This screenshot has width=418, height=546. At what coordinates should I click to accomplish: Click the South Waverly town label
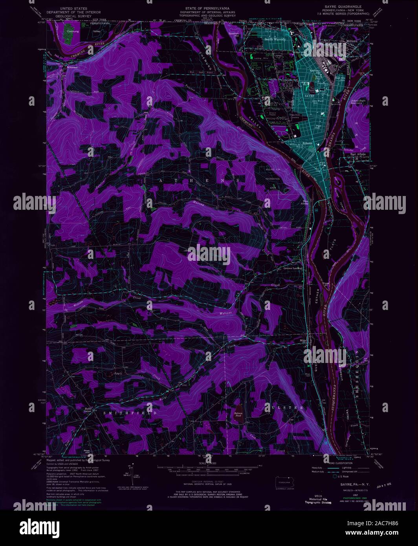click(x=275, y=39)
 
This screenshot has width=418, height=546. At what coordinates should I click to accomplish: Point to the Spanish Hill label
click(x=234, y=35)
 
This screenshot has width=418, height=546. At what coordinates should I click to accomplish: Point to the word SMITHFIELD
click(x=130, y=413)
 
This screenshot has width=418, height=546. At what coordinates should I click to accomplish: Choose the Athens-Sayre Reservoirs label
click(x=358, y=101)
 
